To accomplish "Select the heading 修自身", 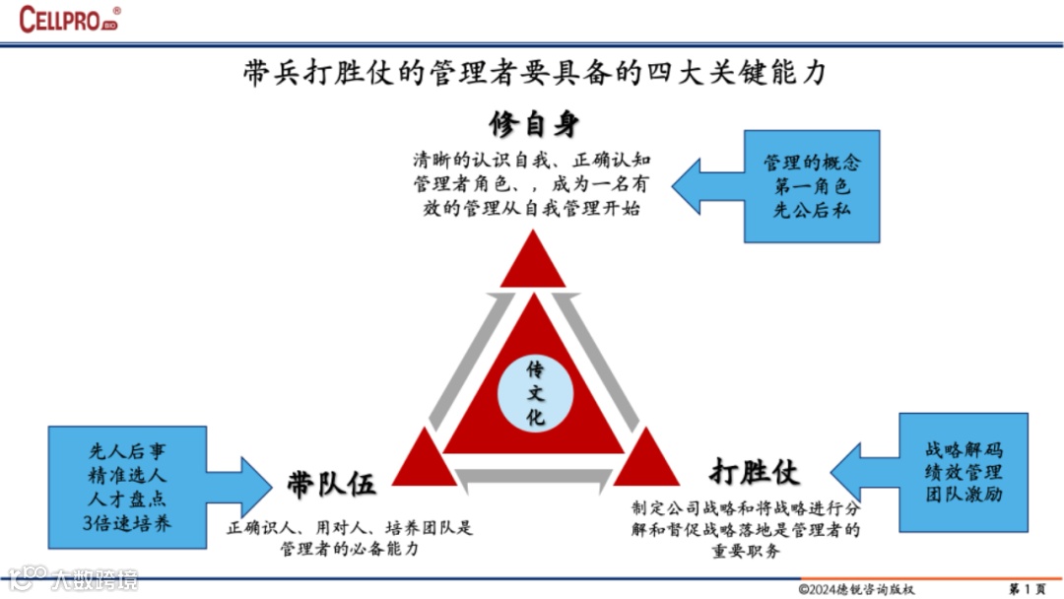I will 534,124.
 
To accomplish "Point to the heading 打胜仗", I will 755,471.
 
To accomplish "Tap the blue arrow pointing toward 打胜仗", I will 866,473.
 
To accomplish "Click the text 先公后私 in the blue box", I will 811,210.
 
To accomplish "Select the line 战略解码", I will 963,450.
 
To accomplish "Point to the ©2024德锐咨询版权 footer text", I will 856,589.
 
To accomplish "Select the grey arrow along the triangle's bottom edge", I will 534,477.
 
